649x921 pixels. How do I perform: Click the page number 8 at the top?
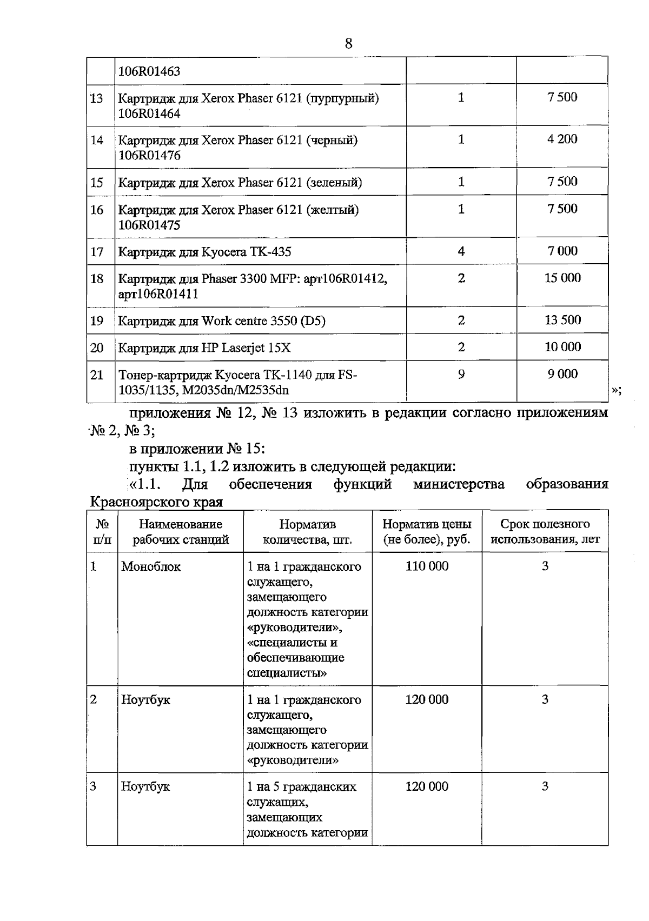pos(348,44)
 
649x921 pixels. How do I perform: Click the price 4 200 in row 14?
pos(562,139)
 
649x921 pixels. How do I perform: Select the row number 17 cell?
pos(97,251)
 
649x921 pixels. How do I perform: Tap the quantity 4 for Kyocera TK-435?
pos(461,251)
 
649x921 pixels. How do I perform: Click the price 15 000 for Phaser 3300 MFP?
pos(562,278)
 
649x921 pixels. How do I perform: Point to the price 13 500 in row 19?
pos(562,320)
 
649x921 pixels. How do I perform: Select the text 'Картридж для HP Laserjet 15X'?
pos(204,348)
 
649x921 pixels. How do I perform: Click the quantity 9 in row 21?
pos(461,374)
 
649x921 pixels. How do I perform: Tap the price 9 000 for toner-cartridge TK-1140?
pos(562,374)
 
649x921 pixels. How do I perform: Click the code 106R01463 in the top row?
pos(149,71)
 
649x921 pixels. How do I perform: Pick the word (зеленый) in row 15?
pos(334,182)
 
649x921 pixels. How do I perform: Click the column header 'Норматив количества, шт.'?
pos(307,532)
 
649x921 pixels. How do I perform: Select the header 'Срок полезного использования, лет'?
pos(545,532)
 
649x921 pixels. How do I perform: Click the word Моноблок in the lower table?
pos(151,566)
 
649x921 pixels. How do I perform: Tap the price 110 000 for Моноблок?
pos(427,566)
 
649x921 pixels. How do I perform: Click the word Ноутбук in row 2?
pos(145,699)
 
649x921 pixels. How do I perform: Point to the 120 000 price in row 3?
pos(427,786)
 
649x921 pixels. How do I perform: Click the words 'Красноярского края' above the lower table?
pos(156,502)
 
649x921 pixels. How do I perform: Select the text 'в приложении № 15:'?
pos(197,449)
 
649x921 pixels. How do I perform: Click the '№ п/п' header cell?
pos(102,532)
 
